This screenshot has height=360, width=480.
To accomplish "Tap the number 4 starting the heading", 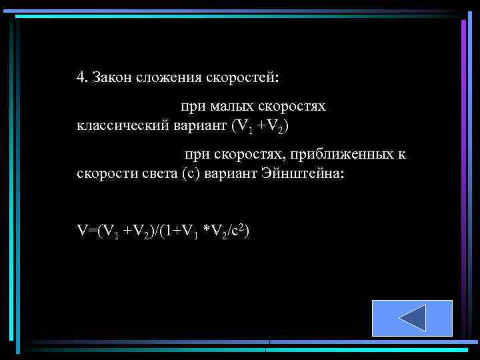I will point(81,77).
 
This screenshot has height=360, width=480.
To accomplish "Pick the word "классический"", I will point(119,125).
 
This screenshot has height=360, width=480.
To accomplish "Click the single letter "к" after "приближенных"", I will point(402,155).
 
